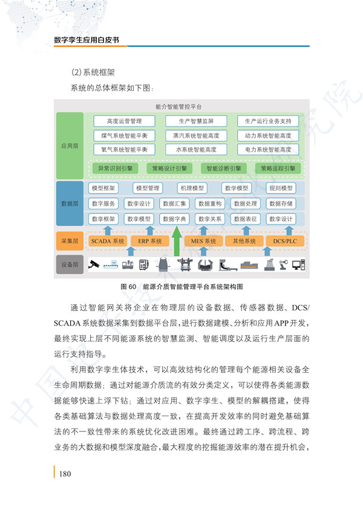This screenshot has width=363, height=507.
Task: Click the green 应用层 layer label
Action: pyautogui.click(x=70, y=146)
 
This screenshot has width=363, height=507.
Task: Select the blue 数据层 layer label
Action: pyautogui.click(x=70, y=203)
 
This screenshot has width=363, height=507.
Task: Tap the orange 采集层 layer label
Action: pyautogui.click(x=70, y=241)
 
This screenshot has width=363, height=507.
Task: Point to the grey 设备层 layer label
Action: pyautogui.click(x=70, y=264)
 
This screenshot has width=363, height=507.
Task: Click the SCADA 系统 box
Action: pyautogui.click(x=108, y=241)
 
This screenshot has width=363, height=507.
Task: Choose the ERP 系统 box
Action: pyautogui.click(x=150, y=241)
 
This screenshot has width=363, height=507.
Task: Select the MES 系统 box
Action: pyautogui.click(x=203, y=241)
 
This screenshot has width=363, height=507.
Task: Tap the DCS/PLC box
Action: pyautogui.click(x=285, y=241)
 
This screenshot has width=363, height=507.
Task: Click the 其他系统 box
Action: pyautogui.click(x=244, y=241)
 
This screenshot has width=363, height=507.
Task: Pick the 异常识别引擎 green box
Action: pyautogui.click(x=116, y=168)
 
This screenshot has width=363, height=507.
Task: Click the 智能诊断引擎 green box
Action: pyautogui.click(x=224, y=168)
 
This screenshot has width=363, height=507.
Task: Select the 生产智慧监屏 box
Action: pyautogui.click(x=196, y=121)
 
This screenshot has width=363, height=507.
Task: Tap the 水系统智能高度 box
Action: pyautogui.click(x=196, y=149)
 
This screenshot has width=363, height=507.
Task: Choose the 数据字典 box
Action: pyautogui.click(x=174, y=219)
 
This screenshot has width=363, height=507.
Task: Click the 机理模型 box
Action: pyautogui.click(x=192, y=188)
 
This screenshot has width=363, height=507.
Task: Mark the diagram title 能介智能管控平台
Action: pyautogui.click(x=178, y=106)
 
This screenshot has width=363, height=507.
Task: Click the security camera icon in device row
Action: pyautogui.click(x=94, y=264)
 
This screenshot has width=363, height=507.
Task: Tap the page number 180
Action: pyautogui.click(x=65, y=474)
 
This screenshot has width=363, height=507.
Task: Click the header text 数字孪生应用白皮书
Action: pyautogui.click(x=87, y=40)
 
